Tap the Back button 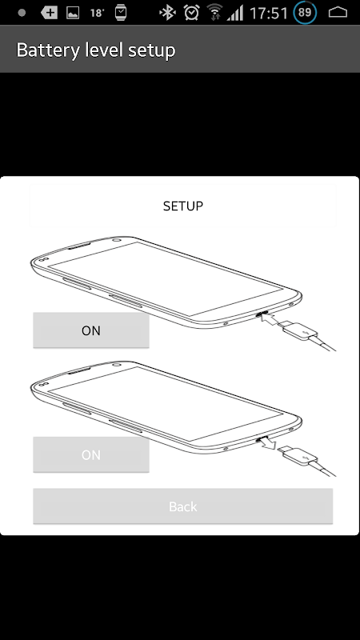click(x=183, y=506)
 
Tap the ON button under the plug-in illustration click(x=91, y=330)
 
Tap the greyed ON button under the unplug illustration click(x=91, y=454)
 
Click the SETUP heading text click(x=183, y=206)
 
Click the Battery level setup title click(x=96, y=50)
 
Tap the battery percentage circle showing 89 click(x=305, y=12)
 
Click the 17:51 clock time click(x=269, y=13)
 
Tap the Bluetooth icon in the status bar click(x=167, y=13)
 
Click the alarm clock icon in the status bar click(x=191, y=13)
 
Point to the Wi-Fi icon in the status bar click(x=214, y=13)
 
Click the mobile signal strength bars click(x=235, y=14)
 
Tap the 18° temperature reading click(x=97, y=13)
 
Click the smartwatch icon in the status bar click(x=121, y=13)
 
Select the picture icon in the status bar click(x=73, y=13)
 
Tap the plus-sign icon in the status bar click(x=49, y=13)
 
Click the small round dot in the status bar click(x=22, y=13)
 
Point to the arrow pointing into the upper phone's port click(x=270, y=318)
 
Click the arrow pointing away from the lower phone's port click(x=268, y=442)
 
